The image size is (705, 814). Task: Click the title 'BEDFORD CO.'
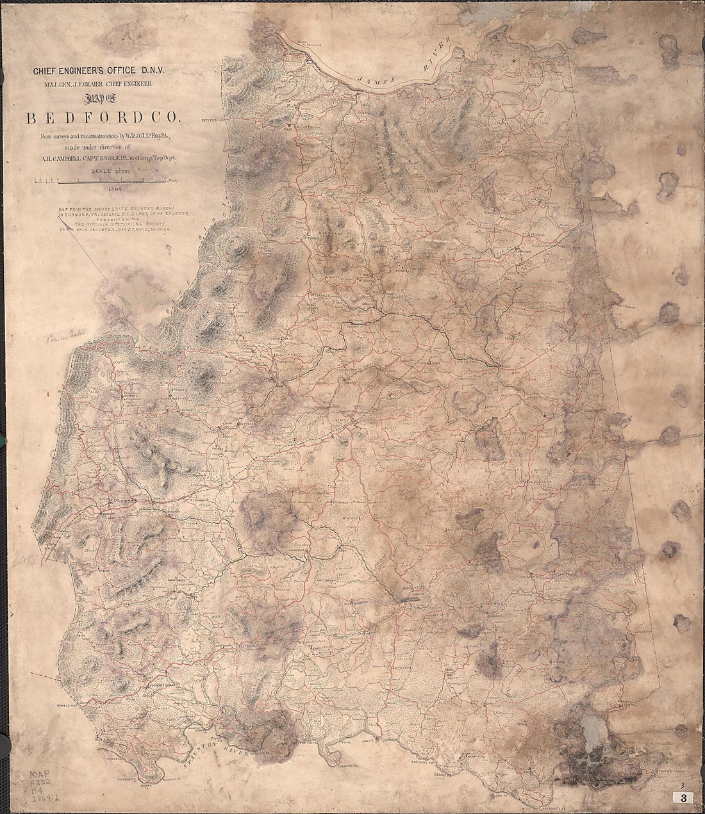click(x=103, y=118)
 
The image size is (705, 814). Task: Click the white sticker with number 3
click(x=684, y=798)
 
